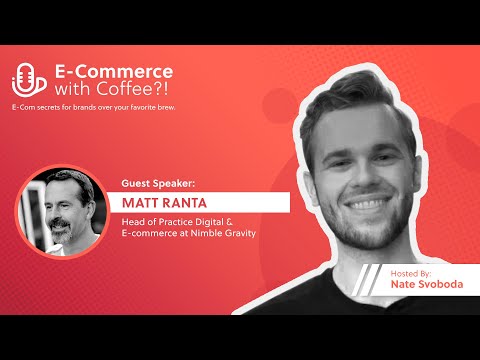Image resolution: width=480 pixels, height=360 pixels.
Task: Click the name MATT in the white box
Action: pyautogui.click(x=149, y=202)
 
